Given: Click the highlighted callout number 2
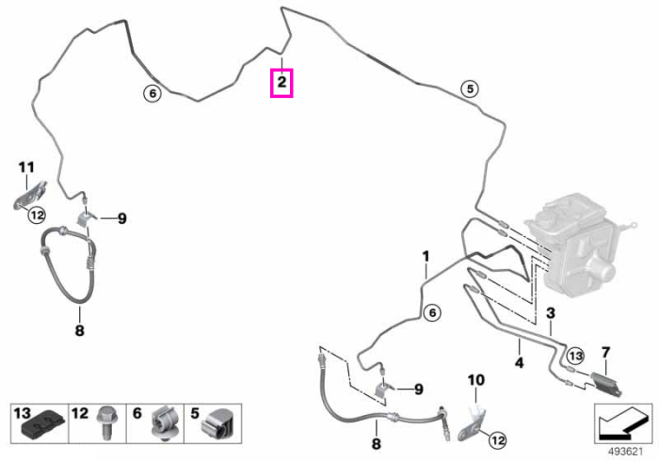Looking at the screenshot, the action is pyautogui.click(x=281, y=82).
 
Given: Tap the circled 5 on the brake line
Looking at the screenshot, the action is pyautogui.click(x=470, y=89).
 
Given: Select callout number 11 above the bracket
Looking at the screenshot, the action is pyautogui.click(x=26, y=167).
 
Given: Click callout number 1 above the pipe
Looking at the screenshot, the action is pyautogui.click(x=426, y=256).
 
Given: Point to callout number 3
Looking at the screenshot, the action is pyautogui.click(x=551, y=312).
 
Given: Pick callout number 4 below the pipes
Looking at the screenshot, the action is pyautogui.click(x=520, y=362).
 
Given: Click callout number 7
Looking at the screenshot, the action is pyautogui.click(x=605, y=353).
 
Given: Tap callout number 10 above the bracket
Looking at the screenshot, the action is pyautogui.click(x=476, y=380).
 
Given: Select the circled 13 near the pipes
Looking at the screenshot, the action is pyautogui.click(x=575, y=357).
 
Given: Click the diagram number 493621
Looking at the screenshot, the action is pyautogui.click(x=626, y=452).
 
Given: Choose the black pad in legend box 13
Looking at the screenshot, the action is pyautogui.click(x=44, y=427).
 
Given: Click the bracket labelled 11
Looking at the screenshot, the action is pyautogui.click(x=30, y=196).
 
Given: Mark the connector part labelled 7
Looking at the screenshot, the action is pyautogui.click(x=606, y=384).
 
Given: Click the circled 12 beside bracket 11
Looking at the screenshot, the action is pyautogui.click(x=37, y=215).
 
